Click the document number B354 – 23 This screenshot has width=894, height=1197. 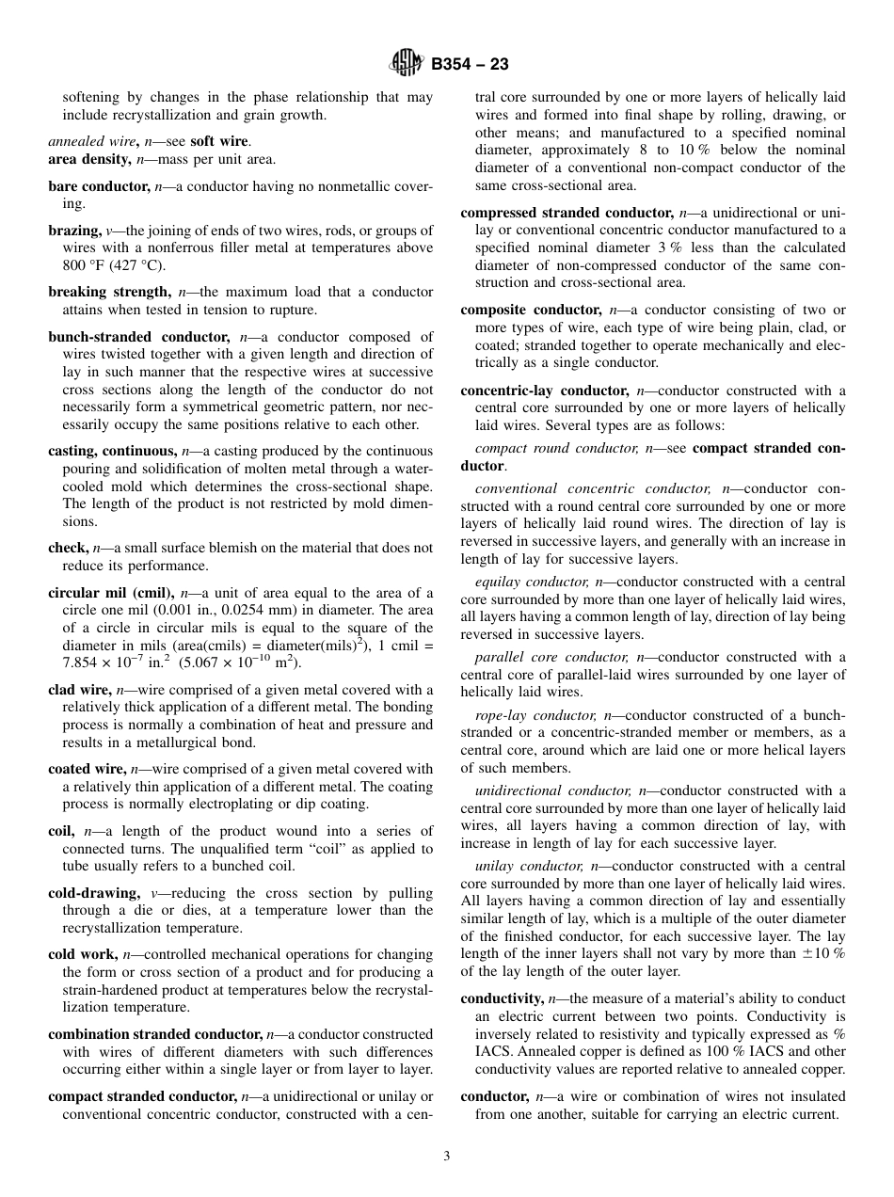pos(470,65)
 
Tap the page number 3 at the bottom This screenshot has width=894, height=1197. pos(447,1157)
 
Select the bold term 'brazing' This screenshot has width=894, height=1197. pos(73,231)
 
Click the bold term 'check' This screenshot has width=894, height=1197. pos(67,548)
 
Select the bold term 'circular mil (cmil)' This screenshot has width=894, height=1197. pos(111,593)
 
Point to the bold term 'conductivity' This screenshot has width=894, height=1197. pos(502,998)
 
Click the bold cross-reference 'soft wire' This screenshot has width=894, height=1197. pos(219,141)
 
